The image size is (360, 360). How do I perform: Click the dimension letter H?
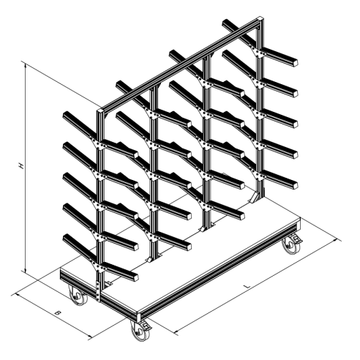tap(22, 166)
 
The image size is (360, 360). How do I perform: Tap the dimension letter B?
tap(57, 312)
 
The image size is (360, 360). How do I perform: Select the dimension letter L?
tap(248, 286)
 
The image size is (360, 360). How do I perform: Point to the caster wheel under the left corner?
tap(78, 296)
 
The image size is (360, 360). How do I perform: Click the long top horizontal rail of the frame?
tap(181, 64)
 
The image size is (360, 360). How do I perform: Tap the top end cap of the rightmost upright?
tap(261, 19)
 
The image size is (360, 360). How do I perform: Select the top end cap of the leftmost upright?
tap(100, 110)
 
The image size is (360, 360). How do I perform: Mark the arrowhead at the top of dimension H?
tap(25, 64)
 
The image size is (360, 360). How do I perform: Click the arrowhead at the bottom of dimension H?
tap(25, 270)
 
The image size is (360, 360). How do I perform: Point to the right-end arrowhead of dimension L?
tap(339, 240)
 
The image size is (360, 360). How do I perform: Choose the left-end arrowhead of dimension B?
tap(17, 294)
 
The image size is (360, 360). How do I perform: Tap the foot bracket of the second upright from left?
tap(153, 258)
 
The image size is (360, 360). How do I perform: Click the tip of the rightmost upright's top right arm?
tap(296, 62)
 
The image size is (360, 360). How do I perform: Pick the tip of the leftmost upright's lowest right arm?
tap(135, 277)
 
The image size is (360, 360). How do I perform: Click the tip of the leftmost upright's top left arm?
tap(65, 115)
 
